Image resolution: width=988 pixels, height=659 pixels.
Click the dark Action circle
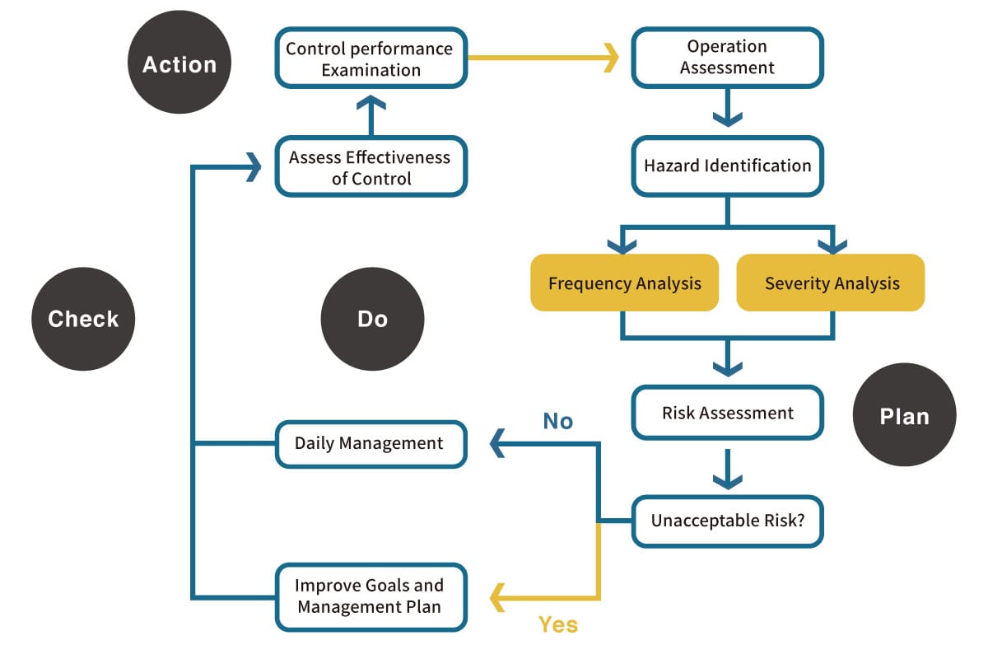point(179,63)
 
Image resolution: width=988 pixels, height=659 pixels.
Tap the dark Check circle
point(83,319)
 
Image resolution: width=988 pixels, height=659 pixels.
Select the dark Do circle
point(373,319)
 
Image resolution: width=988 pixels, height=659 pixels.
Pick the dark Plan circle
point(905,415)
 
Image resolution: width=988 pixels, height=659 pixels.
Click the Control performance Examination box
point(371,58)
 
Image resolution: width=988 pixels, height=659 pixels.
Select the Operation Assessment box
point(728,58)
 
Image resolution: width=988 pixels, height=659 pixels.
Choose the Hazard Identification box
point(728,166)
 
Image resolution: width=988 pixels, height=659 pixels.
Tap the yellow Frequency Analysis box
point(625,283)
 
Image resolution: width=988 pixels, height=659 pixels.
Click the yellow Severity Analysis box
point(831,283)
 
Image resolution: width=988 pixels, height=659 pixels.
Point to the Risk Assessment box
point(728,413)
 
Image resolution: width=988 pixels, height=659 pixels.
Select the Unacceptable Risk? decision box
point(728,521)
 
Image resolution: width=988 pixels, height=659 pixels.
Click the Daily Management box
point(371,444)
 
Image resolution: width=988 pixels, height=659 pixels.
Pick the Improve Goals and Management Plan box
point(371,597)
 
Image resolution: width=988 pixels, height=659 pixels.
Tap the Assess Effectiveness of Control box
point(371,166)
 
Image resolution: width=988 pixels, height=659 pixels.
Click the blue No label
point(558,421)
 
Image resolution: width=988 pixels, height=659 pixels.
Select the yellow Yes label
point(558,624)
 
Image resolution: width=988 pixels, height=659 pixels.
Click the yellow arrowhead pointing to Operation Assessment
point(611,58)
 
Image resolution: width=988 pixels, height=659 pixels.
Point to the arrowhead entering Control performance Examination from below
point(371,102)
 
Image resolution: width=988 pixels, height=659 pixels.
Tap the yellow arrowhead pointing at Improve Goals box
point(497,598)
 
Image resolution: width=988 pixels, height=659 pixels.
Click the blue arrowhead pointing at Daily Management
point(497,443)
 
